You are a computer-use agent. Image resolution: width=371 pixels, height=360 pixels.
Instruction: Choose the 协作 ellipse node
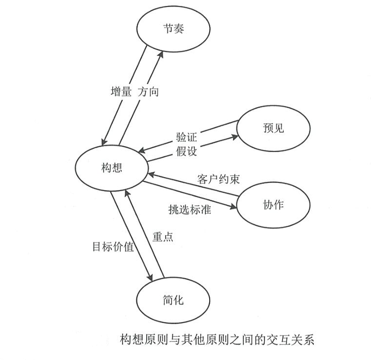click(273, 205)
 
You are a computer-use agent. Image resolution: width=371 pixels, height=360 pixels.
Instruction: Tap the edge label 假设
click(186, 150)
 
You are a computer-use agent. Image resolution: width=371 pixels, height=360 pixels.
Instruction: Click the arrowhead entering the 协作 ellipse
click(237, 206)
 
